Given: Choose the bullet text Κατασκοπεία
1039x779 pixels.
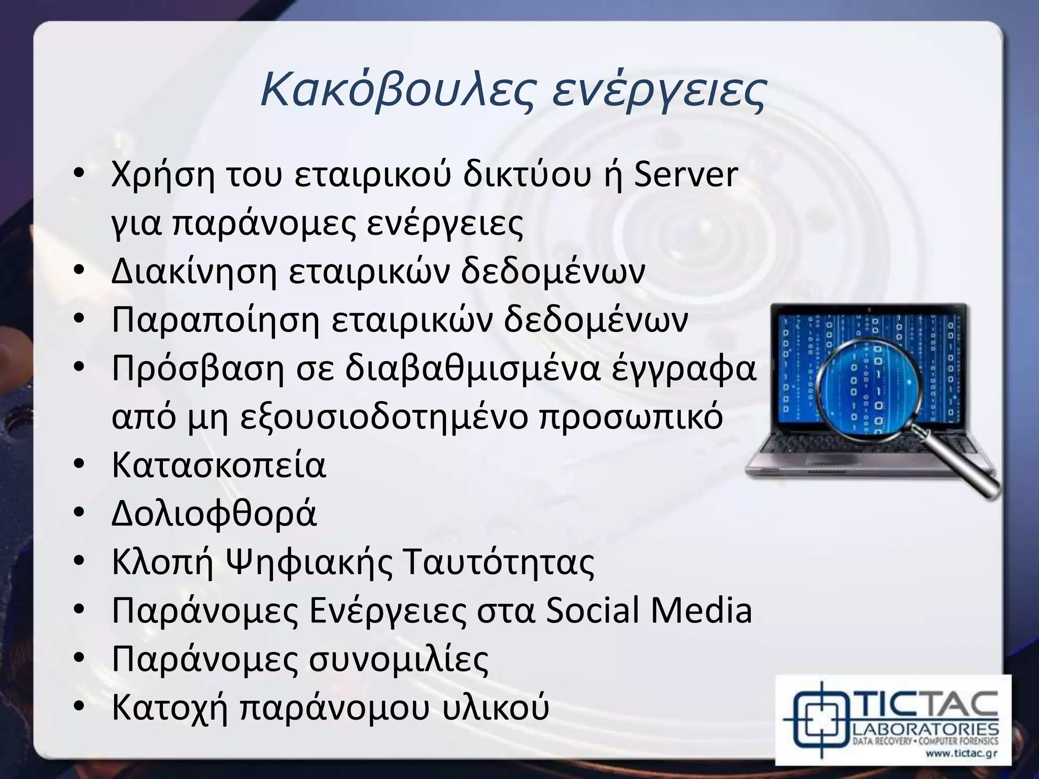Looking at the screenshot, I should (x=219, y=465).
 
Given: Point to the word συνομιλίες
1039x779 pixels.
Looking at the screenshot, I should (x=399, y=659).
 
